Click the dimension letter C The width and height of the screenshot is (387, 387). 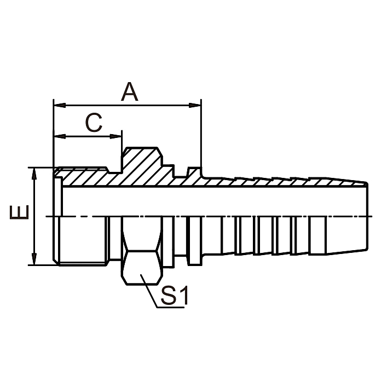coord(94,123)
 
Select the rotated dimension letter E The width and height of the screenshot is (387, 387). coord(21,213)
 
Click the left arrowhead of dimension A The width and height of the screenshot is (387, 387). coord(57,104)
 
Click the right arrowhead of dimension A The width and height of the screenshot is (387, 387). coord(198,104)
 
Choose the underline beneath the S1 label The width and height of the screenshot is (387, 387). coord(170,307)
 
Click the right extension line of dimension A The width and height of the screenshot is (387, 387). coord(201,137)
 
